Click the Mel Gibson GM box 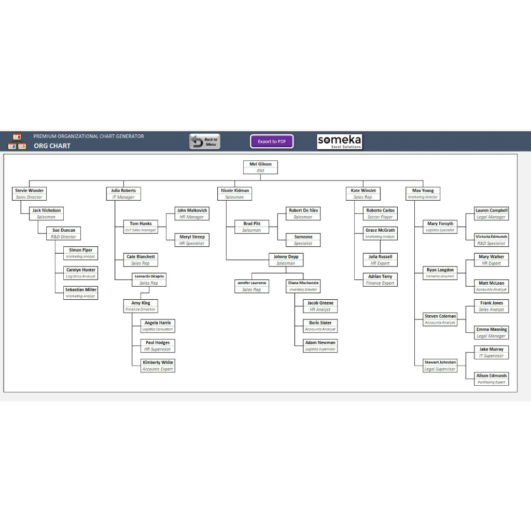tap(260, 167)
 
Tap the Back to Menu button tap(205, 142)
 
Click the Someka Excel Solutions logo tap(340, 142)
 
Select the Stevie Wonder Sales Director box tap(29, 193)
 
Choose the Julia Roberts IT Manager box tap(123, 193)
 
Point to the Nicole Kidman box tap(234, 193)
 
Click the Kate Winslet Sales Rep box tap(363, 193)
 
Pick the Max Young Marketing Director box tap(423, 193)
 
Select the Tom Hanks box tap(141, 227)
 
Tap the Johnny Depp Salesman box tap(286, 260)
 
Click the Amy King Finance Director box tap(141, 306)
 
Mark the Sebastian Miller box tap(80, 292)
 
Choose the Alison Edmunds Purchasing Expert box tap(492, 379)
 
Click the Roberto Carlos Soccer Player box tap(380, 214)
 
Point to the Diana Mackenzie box tap(303, 286)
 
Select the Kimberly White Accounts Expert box tap(158, 366)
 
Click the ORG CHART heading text tap(52, 146)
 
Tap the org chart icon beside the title tap(17, 142)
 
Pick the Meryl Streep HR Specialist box tap(192, 240)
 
